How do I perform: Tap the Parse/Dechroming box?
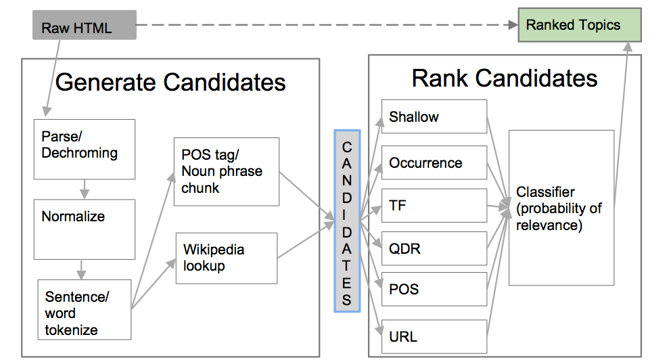point(85,150)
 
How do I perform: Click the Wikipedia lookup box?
point(226,258)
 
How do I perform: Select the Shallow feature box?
point(434,117)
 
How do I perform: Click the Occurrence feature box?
point(434,162)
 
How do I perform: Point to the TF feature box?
point(434,206)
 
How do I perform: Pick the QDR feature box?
point(434,248)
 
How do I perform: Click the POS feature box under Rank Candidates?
point(434,290)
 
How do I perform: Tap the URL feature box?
point(434,336)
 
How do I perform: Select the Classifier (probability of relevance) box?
point(561,208)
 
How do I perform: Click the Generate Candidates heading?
point(170,82)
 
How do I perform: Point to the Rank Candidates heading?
point(505,78)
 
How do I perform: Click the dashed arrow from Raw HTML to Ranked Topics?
point(325,26)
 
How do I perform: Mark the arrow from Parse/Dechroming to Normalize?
point(84,189)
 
